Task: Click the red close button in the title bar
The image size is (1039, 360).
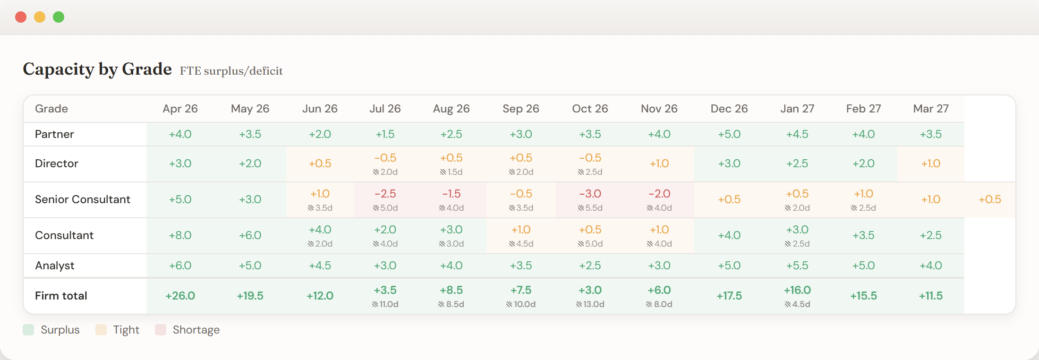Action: (x=21, y=17)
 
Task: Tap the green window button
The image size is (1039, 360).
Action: (x=59, y=17)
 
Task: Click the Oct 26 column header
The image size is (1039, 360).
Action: (x=590, y=109)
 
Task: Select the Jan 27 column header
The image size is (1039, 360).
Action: (x=797, y=109)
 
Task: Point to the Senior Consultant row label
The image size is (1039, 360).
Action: (x=83, y=199)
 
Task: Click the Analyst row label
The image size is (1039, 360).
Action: (x=55, y=266)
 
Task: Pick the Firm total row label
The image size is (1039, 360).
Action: (x=61, y=296)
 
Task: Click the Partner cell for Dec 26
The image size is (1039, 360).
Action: (x=729, y=134)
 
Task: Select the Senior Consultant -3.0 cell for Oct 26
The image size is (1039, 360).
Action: (x=590, y=194)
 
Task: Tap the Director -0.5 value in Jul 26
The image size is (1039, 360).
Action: (x=385, y=158)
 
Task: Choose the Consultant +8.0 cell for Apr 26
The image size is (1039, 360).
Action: (x=180, y=235)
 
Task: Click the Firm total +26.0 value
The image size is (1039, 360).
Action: (x=180, y=296)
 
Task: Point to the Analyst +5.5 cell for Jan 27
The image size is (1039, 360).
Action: (x=797, y=266)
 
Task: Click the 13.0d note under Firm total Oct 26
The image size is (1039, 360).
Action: (x=590, y=304)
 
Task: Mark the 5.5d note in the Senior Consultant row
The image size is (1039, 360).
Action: (x=590, y=208)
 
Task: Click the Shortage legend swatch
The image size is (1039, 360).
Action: (x=161, y=330)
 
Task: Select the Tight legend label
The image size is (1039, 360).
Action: (x=126, y=330)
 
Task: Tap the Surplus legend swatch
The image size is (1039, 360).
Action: (x=28, y=330)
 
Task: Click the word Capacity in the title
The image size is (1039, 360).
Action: (x=58, y=69)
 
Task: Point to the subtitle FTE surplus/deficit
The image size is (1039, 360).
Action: (x=231, y=71)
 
